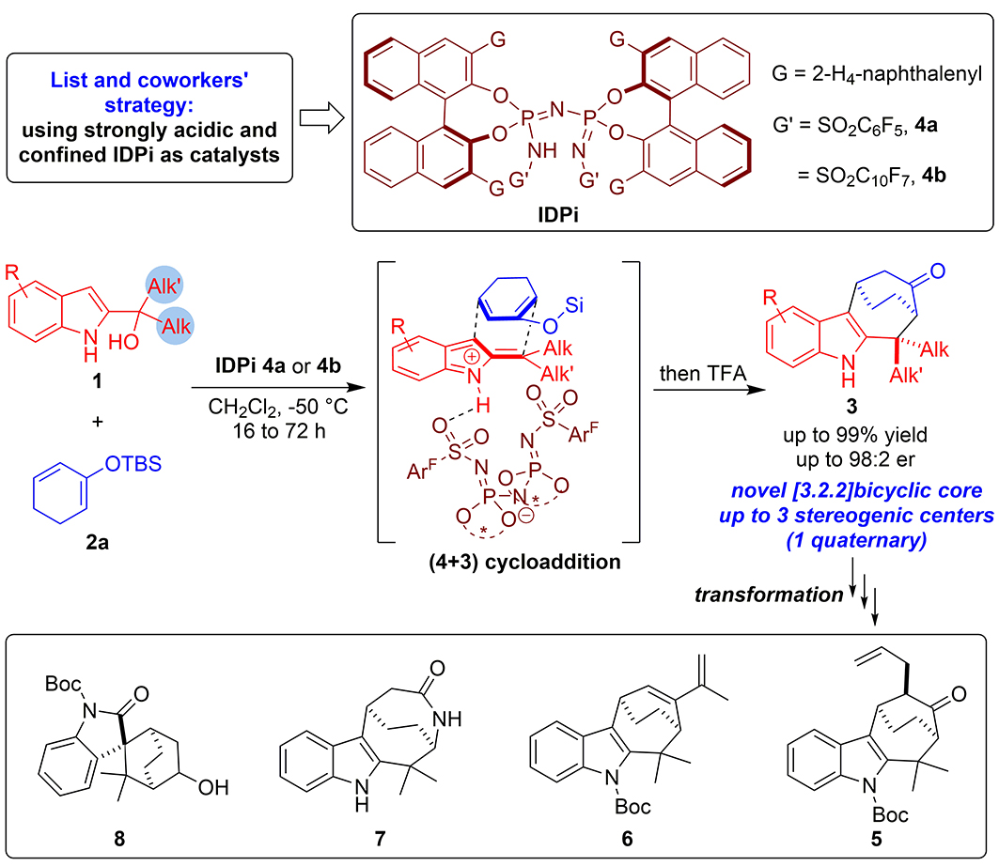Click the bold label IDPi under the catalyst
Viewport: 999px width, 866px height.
(557, 214)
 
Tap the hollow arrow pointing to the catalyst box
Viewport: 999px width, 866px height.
(321, 117)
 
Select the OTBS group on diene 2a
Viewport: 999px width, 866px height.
(133, 464)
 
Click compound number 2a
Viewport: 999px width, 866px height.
(97, 543)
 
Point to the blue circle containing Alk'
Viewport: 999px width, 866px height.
(164, 285)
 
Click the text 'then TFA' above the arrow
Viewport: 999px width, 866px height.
(702, 373)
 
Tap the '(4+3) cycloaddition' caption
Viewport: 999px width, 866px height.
(524, 563)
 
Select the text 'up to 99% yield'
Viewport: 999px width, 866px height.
(855, 435)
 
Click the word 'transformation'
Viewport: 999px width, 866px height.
(769, 595)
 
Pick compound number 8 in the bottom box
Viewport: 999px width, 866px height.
(119, 840)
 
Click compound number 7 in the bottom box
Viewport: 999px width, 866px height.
(380, 840)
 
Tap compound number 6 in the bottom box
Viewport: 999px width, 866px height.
(627, 840)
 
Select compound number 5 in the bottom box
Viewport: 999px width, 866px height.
(877, 840)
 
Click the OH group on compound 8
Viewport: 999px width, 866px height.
(212, 788)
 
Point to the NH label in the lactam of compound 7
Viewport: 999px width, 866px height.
(447, 719)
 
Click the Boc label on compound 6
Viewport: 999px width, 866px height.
(632, 807)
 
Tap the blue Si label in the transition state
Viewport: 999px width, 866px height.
(574, 305)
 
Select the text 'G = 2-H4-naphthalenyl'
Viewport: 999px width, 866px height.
(877, 74)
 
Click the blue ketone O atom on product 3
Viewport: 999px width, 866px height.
(937, 271)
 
